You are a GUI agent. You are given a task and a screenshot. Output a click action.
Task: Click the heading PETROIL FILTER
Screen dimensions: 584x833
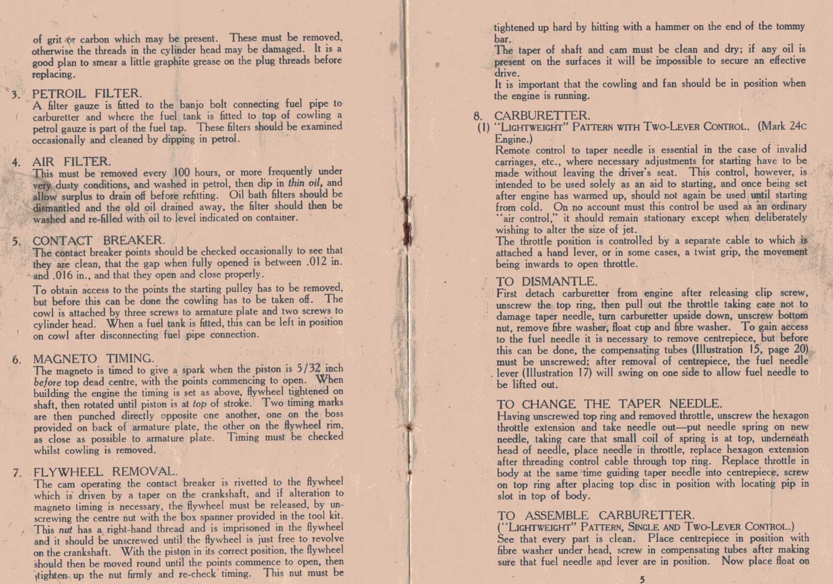(x=87, y=94)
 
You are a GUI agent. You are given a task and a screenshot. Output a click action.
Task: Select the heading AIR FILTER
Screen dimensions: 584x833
(x=72, y=161)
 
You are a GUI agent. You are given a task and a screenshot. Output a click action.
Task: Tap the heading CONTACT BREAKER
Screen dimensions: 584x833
(x=99, y=240)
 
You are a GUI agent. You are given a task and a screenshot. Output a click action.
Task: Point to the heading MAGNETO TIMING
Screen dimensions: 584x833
(x=94, y=358)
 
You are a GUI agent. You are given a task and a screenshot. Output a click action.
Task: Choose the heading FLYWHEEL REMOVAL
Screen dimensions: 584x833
(x=106, y=472)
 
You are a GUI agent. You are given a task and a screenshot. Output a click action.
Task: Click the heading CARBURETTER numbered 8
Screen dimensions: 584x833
(x=542, y=115)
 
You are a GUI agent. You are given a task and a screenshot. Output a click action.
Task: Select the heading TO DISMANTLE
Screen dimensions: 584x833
(x=547, y=282)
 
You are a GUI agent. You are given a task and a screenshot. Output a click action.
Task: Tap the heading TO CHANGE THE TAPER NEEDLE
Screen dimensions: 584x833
(x=609, y=404)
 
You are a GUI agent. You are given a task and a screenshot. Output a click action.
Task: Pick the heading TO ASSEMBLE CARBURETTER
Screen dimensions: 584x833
(x=596, y=515)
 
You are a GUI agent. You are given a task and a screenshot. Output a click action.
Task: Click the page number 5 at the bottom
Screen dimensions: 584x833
(x=642, y=579)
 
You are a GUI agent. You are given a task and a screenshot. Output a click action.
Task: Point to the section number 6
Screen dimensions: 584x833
(x=17, y=360)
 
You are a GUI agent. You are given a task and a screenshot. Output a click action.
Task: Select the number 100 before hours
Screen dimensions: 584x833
(x=181, y=171)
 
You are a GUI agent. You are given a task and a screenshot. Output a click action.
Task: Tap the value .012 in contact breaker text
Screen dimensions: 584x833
(x=316, y=262)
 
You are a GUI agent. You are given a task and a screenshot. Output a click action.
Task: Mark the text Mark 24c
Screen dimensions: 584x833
(x=782, y=126)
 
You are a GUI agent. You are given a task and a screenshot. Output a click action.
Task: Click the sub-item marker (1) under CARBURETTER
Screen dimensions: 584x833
(x=483, y=127)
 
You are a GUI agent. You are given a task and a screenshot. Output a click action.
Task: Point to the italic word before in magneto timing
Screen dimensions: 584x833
(x=47, y=382)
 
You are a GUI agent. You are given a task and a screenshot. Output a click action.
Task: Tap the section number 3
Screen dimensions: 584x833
(x=16, y=95)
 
